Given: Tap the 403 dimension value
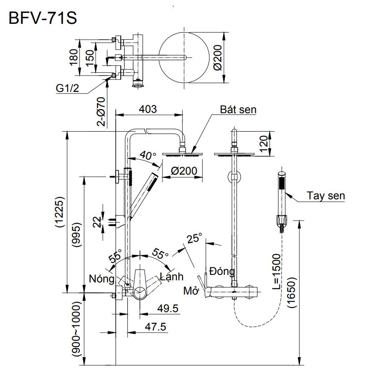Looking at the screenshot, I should point(147,109).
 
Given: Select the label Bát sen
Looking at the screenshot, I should point(239,109).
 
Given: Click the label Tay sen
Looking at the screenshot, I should point(326,196).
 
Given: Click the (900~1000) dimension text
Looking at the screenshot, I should point(76,330).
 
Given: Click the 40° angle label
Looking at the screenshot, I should point(148,156).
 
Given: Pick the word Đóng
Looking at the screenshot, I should point(222,271).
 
